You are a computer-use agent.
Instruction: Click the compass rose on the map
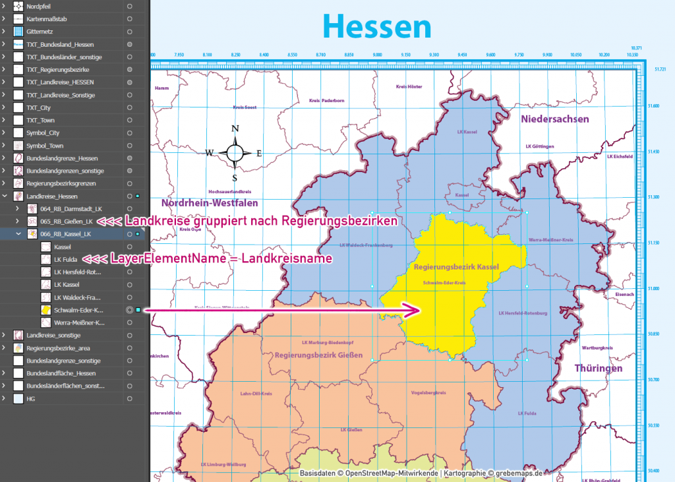[234, 153]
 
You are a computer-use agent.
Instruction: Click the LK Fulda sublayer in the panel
[67, 259]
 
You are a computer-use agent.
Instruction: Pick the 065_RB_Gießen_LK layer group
[66, 222]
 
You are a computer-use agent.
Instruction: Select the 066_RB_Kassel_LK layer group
[65, 234]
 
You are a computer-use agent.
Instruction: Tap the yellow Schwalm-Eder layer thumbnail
[46, 310]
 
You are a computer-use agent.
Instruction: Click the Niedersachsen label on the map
[555, 119]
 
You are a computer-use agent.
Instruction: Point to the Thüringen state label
[598, 368]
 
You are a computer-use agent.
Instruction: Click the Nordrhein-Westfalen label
[208, 203]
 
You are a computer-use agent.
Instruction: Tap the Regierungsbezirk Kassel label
[456, 267]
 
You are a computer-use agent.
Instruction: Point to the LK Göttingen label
[539, 146]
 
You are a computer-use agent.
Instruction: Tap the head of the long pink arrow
[415, 310]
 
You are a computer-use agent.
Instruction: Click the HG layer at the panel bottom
[31, 399]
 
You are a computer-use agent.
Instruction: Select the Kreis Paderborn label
[327, 101]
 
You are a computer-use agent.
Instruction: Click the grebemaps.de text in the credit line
[518, 473]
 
